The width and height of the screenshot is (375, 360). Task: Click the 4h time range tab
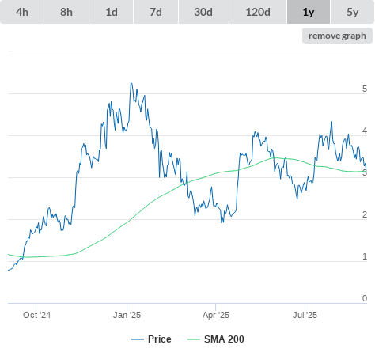pyautogui.click(x=22, y=12)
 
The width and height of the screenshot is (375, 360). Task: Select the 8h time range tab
pyautogui.click(x=66, y=12)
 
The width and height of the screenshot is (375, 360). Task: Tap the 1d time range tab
pyautogui.click(x=112, y=12)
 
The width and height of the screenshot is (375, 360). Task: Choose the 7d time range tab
pyautogui.click(x=156, y=12)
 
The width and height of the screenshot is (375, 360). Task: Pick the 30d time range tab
pyautogui.click(x=203, y=12)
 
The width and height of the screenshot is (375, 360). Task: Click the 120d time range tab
pyautogui.click(x=258, y=12)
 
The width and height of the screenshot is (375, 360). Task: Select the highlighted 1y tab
pyautogui.click(x=309, y=12)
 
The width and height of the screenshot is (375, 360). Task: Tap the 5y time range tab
pyautogui.click(x=353, y=12)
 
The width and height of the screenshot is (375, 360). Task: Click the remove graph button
pyautogui.click(x=337, y=36)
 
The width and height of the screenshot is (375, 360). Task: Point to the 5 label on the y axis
pyautogui.click(x=365, y=89)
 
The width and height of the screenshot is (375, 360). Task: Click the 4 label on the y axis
pyautogui.click(x=365, y=131)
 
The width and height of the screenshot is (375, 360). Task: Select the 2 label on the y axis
pyautogui.click(x=365, y=214)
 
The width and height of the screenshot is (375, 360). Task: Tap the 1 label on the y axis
pyautogui.click(x=365, y=256)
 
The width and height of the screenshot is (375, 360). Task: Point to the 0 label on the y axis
pyautogui.click(x=365, y=298)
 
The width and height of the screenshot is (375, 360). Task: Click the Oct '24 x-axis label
pyautogui.click(x=36, y=315)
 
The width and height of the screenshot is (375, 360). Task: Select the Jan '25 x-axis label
pyautogui.click(x=127, y=315)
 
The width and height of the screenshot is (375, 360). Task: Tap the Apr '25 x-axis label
pyautogui.click(x=216, y=315)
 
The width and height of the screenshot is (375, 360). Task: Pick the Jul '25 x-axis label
pyautogui.click(x=305, y=315)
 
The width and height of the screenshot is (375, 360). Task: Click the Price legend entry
pyautogui.click(x=151, y=339)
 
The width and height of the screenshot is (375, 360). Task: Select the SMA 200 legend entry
pyautogui.click(x=216, y=339)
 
